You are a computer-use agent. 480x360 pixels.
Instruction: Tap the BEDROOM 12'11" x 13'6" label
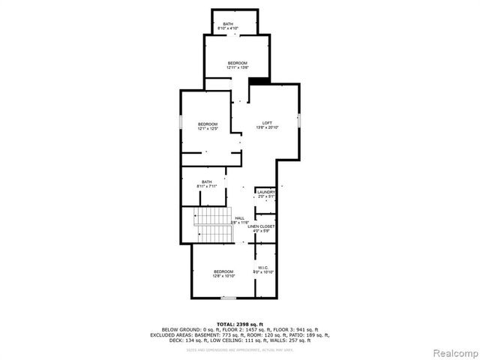coord(237,65)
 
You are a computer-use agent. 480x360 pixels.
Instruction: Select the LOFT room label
coord(267,125)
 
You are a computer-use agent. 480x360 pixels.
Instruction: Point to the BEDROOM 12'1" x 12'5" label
coord(208,126)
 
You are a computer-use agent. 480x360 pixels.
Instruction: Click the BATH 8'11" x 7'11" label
coord(206,183)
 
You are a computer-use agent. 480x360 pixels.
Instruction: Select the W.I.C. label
coord(263,268)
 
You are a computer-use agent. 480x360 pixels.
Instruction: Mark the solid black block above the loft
coord(259,81)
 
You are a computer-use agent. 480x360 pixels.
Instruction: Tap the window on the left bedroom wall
coord(179,121)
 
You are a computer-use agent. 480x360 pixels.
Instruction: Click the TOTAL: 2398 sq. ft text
coord(240,323)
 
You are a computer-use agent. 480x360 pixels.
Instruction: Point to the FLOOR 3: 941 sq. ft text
coord(298,329)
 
